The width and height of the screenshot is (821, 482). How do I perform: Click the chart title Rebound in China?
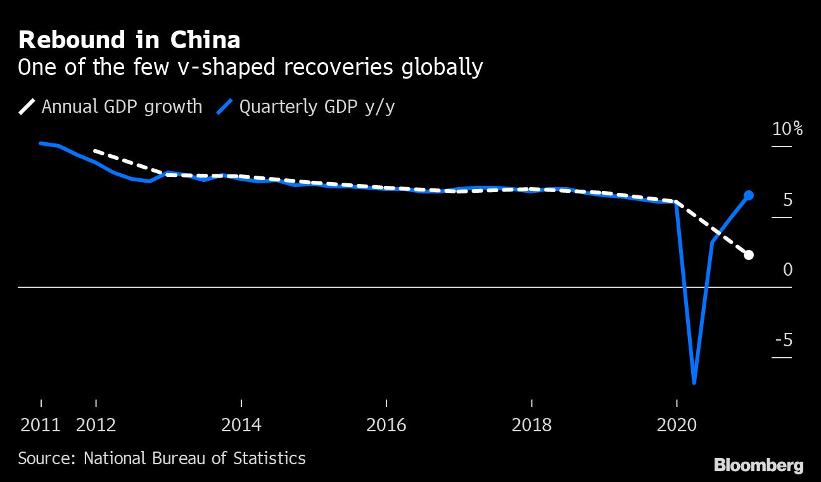coord(129,40)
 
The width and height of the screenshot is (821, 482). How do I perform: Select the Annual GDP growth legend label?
coord(122,106)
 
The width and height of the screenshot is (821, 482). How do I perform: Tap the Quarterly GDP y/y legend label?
coord(317,106)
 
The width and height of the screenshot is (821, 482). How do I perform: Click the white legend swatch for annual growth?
coord(27,106)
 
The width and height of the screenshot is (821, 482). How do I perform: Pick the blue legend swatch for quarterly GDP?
coord(225,106)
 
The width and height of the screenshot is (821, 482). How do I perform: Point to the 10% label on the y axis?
coord(787,129)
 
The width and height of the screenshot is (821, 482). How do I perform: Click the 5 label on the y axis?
coord(787,200)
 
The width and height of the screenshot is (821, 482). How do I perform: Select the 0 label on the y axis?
coord(787,270)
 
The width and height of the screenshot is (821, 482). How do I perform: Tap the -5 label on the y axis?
coord(784,341)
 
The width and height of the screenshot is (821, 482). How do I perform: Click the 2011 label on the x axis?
coord(41,424)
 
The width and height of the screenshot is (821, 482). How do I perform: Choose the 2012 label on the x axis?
coord(96,424)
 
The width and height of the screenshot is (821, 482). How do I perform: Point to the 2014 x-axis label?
coord(241,424)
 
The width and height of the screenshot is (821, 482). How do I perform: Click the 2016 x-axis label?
coord(386,424)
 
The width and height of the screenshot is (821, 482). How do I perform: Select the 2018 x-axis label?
coord(531,424)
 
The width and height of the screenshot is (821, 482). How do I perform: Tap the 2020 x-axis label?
coord(677,424)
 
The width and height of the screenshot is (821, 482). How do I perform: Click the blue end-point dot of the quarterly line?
coord(748,195)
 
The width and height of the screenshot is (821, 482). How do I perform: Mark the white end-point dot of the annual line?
coord(748,255)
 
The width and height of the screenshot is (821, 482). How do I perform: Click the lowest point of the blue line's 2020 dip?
coord(694,382)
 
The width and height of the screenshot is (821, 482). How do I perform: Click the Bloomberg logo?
coord(758,466)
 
